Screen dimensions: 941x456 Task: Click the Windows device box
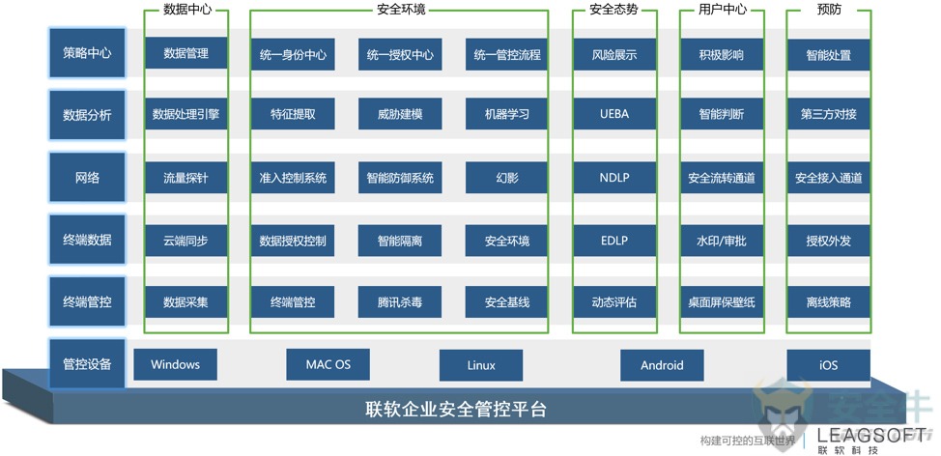[x=175, y=364]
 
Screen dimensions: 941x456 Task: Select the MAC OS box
[x=328, y=364]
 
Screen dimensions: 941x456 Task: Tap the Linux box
[x=481, y=365]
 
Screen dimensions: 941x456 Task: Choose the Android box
[x=662, y=365]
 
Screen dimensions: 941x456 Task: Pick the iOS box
[x=828, y=365]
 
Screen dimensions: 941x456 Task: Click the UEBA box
[x=613, y=113]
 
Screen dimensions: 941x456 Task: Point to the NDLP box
[x=613, y=178]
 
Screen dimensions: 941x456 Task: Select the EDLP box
[x=613, y=241]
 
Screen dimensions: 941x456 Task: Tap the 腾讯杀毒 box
[x=400, y=301]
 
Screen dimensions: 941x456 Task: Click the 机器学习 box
[x=506, y=113]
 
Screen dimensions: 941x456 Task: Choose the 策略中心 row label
[x=87, y=53]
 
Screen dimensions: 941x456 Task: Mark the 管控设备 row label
[x=87, y=364]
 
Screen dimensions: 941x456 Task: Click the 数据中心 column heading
[x=186, y=10]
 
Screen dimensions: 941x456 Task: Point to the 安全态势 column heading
[x=613, y=10]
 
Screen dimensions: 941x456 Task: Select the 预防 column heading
[x=829, y=10]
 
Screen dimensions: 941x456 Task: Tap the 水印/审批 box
[x=722, y=241]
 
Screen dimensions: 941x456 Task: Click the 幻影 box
[x=506, y=178]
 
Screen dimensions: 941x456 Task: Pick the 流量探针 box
[x=186, y=178]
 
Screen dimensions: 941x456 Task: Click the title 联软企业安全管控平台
[x=456, y=410]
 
